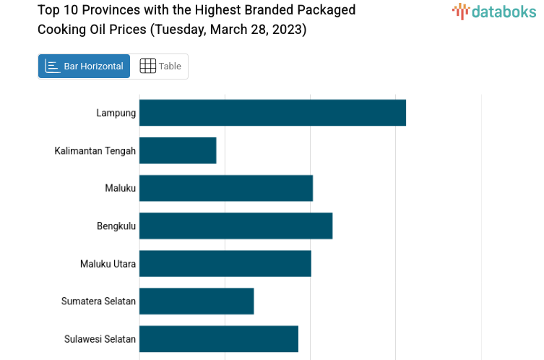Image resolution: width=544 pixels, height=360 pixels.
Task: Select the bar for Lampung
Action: coord(272,113)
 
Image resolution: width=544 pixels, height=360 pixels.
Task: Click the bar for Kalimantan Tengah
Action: coord(178,150)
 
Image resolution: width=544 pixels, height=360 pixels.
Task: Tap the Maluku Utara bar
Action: coord(225,263)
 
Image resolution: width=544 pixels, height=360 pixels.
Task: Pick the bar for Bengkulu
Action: coord(236,226)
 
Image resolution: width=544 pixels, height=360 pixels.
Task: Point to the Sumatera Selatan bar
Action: coord(197,301)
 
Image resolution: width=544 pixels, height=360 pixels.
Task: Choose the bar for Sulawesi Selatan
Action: coord(219,338)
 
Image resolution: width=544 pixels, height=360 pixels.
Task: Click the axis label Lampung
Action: coord(116,113)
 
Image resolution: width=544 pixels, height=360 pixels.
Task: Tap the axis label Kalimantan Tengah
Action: coord(95,150)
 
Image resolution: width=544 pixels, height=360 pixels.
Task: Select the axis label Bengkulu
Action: coord(116,226)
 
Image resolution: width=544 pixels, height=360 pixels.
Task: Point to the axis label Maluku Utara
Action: coord(108,263)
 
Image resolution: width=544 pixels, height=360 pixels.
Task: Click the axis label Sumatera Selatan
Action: coord(99,301)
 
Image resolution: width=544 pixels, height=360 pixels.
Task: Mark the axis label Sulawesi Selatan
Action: coord(100,338)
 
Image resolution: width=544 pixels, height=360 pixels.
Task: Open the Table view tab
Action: coord(160,67)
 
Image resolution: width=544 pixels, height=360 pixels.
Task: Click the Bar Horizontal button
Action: coord(84,67)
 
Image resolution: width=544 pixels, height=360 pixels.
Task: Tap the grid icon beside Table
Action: coord(147,67)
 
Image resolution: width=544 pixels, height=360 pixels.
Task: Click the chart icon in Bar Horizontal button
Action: coord(52,67)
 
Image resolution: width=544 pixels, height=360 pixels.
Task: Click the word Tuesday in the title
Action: coord(179,30)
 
